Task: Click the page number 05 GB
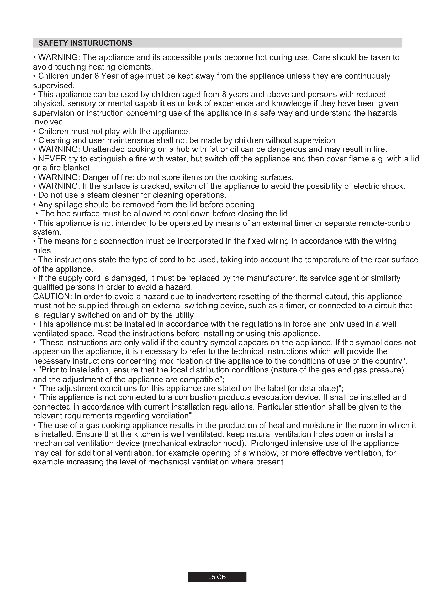pos(217,577)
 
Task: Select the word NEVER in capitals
pos(52,159)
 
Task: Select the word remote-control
pos(385,223)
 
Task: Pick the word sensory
pos(82,103)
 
